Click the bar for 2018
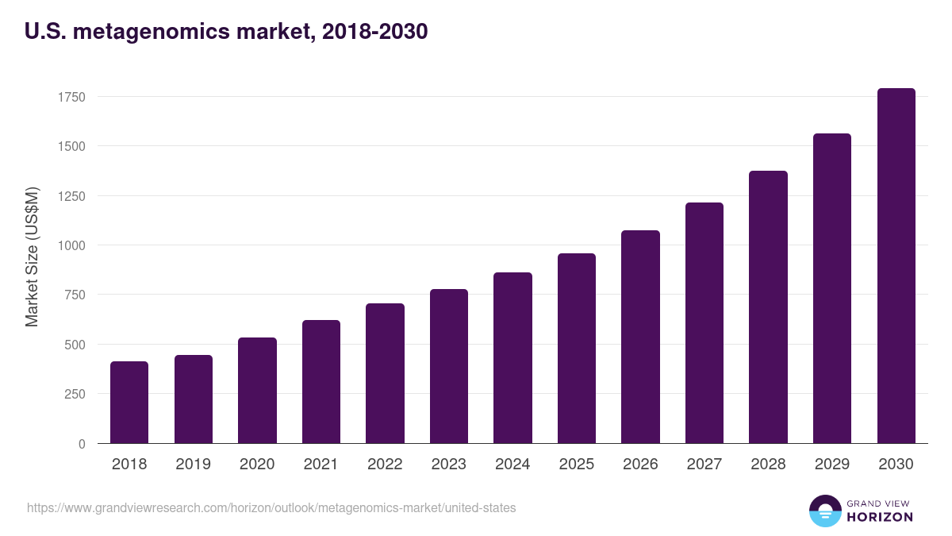click(x=129, y=403)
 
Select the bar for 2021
click(x=321, y=382)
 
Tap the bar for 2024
click(x=512, y=358)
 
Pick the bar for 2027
click(x=704, y=323)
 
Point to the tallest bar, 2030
click(x=896, y=266)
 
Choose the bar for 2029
click(x=832, y=288)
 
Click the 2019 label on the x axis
click(x=193, y=464)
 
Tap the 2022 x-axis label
click(x=385, y=464)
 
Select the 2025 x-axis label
click(x=577, y=464)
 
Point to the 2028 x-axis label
click(x=768, y=464)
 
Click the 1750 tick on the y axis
click(x=71, y=97)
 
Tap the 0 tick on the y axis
click(x=82, y=444)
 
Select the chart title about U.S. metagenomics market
click(x=227, y=32)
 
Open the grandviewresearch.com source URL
click(x=271, y=507)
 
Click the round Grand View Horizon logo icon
click(x=825, y=511)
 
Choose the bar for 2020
click(x=257, y=391)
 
